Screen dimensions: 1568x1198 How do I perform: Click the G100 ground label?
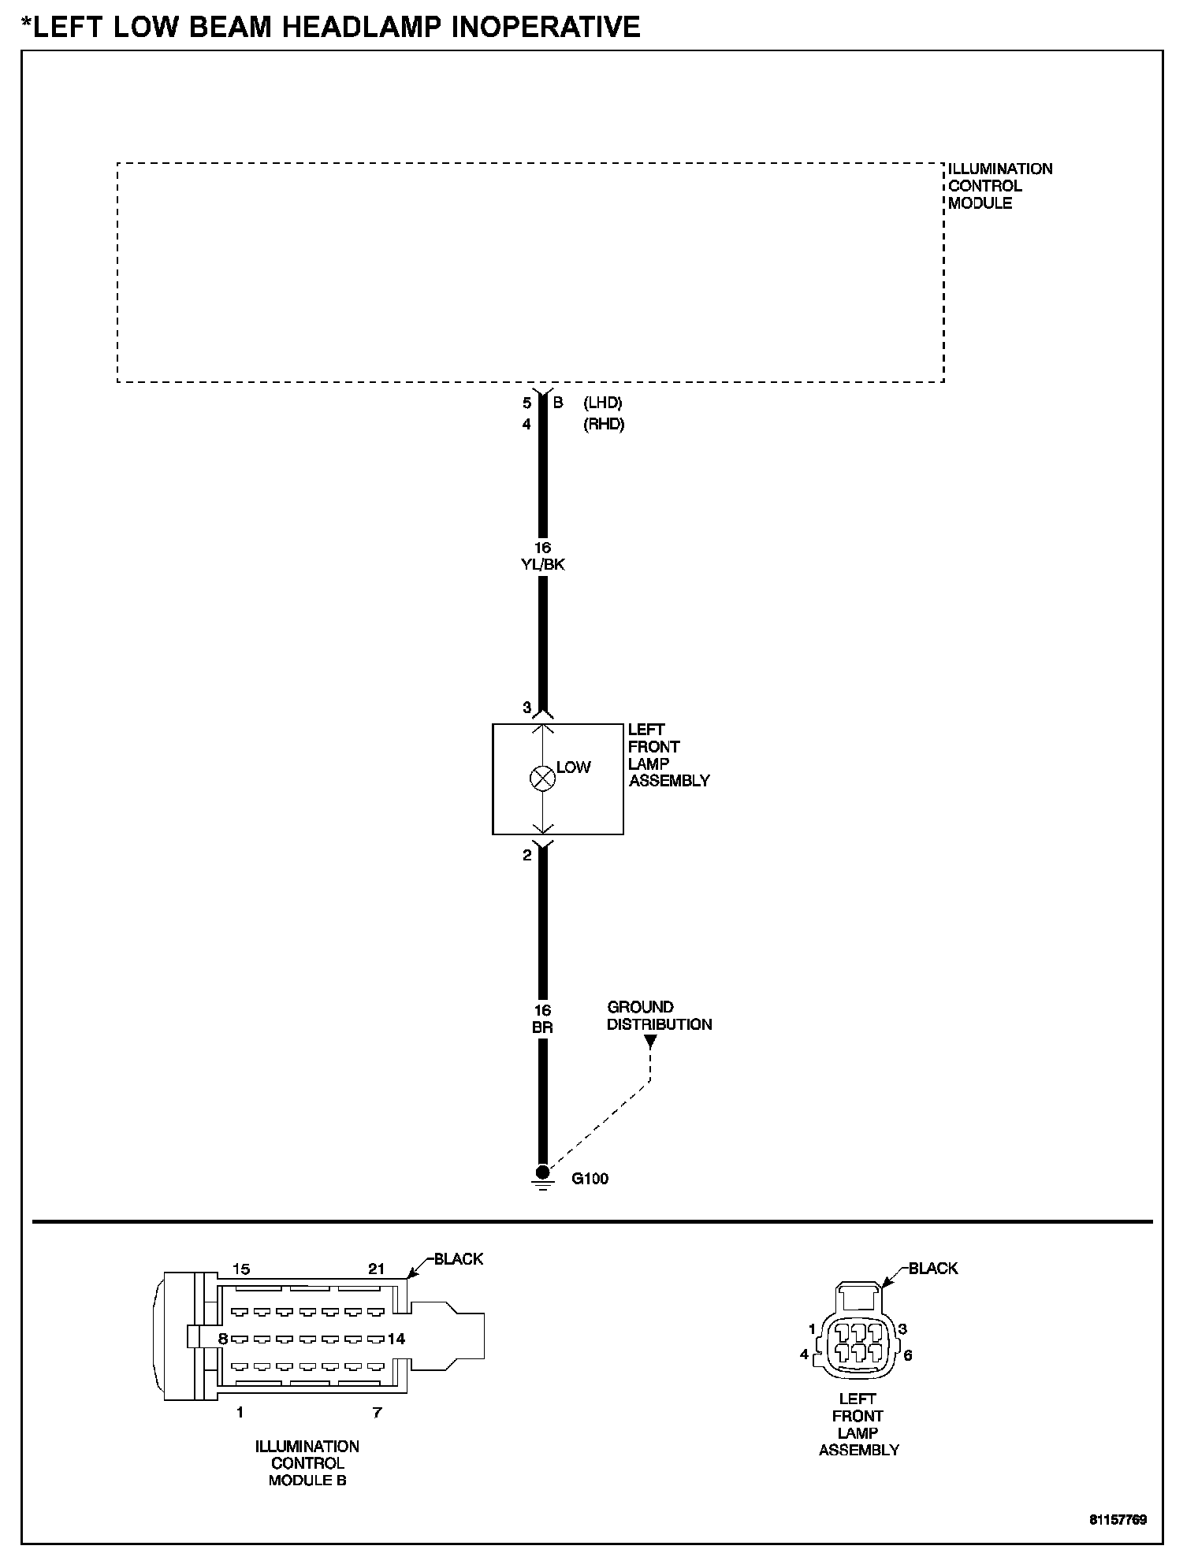pyautogui.click(x=590, y=1179)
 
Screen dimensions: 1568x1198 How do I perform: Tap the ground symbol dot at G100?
pyautogui.click(x=542, y=1172)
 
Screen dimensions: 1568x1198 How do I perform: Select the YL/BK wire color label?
pyautogui.click(x=542, y=564)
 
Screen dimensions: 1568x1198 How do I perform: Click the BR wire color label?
pyautogui.click(x=542, y=1027)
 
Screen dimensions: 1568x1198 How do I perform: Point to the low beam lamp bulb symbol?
pyautogui.click(x=542, y=778)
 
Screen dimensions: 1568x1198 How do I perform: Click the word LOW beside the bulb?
pyautogui.click(x=573, y=767)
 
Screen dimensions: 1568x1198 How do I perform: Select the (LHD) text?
pyautogui.click(x=603, y=403)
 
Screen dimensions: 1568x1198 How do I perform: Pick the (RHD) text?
pyautogui.click(x=604, y=424)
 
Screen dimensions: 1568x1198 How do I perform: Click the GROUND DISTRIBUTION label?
pyautogui.click(x=659, y=1016)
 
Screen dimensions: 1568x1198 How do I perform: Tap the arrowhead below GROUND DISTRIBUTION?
pyautogui.click(x=650, y=1041)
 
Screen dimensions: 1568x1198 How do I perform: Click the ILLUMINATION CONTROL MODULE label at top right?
pyautogui.click(x=999, y=186)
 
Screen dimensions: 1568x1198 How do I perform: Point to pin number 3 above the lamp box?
pyautogui.click(x=527, y=708)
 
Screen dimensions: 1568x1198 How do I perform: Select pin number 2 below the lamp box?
pyautogui.click(x=527, y=855)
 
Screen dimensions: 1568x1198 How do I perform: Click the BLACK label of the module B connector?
pyautogui.click(x=459, y=1259)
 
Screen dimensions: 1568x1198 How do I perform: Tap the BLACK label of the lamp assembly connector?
pyautogui.click(x=933, y=1269)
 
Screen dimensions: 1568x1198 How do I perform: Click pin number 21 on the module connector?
pyautogui.click(x=377, y=1269)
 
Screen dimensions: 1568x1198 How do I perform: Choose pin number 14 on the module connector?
pyautogui.click(x=396, y=1339)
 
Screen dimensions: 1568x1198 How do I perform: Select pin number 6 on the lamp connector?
pyautogui.click(x=908, y=1355)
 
